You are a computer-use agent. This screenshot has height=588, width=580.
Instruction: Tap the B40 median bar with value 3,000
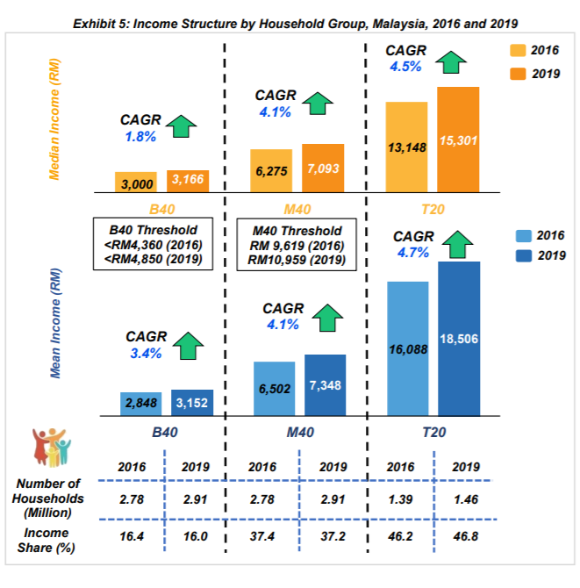coord(135,182)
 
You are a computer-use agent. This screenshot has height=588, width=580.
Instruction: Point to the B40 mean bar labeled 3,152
coord(191,403)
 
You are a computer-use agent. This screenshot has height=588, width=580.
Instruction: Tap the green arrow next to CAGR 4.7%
coord(454,243)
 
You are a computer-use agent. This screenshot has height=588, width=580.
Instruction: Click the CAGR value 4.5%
coord(405,66)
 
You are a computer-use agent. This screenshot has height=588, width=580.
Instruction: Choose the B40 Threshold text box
coord(153,241)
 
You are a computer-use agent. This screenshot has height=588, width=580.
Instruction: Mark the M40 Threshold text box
coord(296,241)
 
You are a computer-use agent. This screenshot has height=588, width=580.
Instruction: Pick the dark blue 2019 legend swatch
coord(519,256)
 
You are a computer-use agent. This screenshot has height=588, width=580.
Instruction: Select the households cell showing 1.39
coord(400,498)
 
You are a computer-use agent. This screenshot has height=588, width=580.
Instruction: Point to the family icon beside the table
coord(52,448)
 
